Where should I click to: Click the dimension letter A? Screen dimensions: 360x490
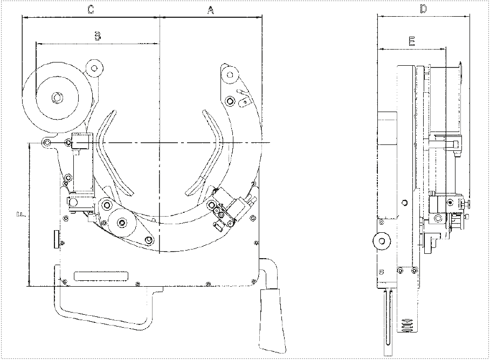click(211, 9)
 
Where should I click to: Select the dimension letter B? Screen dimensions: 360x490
click(97, 36)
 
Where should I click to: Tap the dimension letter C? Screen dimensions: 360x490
click(91, 9)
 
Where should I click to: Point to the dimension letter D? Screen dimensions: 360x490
click(423, 9)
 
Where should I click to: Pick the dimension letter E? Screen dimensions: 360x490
click(412, 41)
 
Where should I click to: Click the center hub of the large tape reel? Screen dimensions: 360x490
click(56, 98)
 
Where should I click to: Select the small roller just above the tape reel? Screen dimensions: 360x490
click(95, 68)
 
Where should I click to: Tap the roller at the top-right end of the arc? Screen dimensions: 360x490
click(229, 73)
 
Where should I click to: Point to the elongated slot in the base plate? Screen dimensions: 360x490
click(101, 276)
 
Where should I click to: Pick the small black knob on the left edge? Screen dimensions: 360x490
click(56, 239)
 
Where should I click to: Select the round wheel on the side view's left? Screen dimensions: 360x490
click(382, 241)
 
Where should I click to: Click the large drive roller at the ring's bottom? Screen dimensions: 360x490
click(123, 222)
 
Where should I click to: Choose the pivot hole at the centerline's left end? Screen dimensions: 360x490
click(47, 142)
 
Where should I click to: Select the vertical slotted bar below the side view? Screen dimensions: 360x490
click(387, 322)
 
